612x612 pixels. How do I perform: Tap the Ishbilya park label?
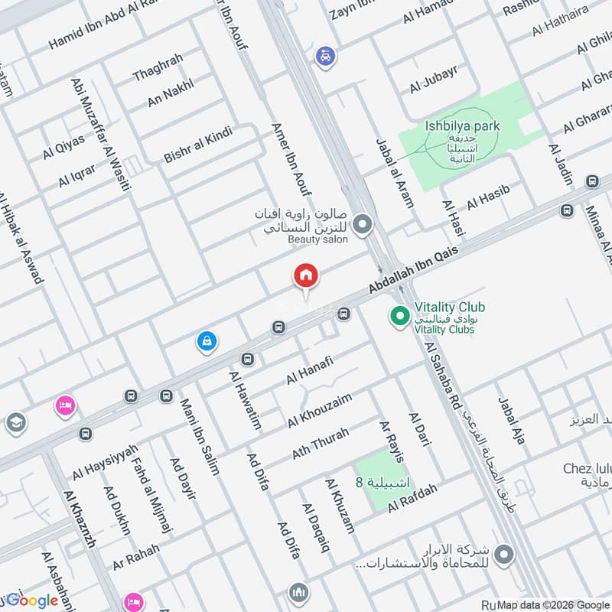click(x=462, y=125)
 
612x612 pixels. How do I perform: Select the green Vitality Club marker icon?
click(x=399, y=314)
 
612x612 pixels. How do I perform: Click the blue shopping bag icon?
click(x=206, y=341)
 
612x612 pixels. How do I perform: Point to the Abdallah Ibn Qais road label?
click(x=413, y=269)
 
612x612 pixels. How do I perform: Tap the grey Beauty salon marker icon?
click(x=363, y=224)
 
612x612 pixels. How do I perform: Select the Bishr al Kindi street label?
click(x=197, y=145)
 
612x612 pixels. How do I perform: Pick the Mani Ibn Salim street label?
click(x=200, y=436)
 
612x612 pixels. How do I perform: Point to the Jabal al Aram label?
click(x=394, y=173)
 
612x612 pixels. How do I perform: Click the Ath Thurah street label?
click(x=320, y=444)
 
